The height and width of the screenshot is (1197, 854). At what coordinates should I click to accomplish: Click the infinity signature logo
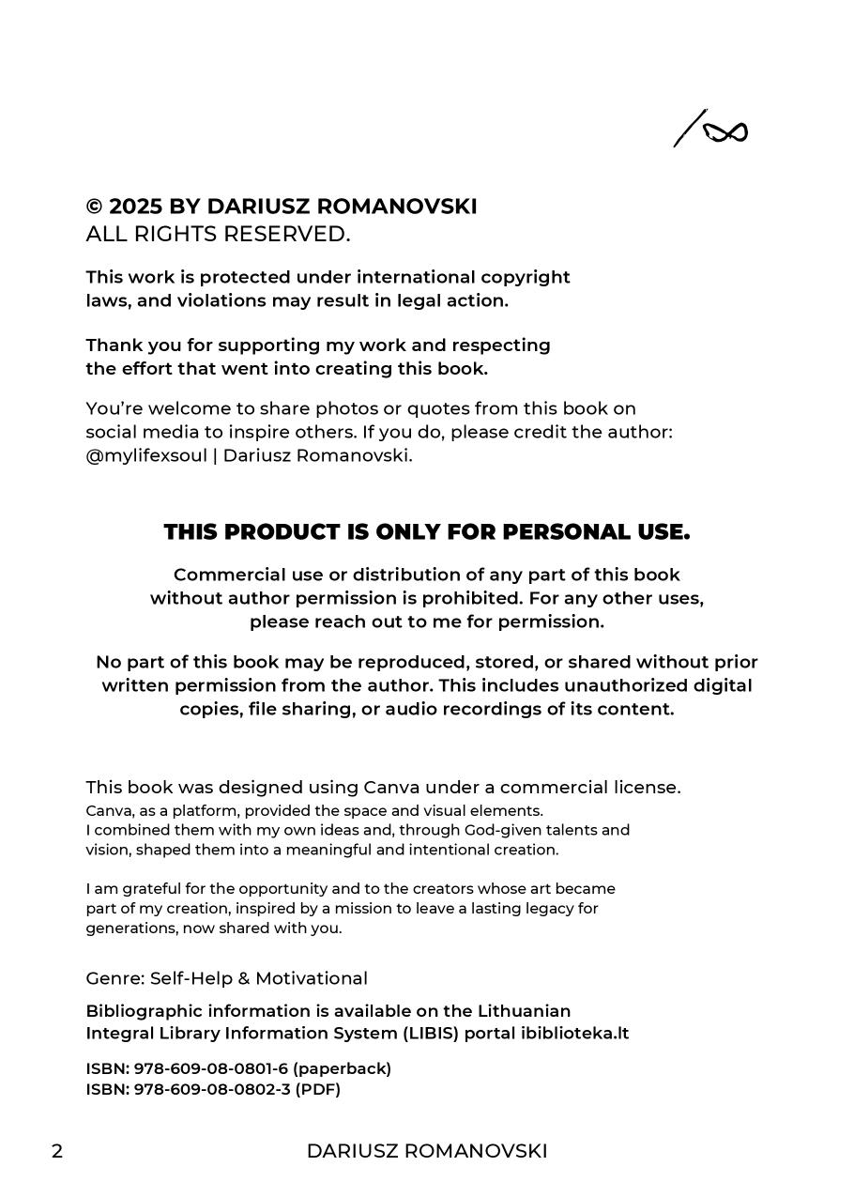711,130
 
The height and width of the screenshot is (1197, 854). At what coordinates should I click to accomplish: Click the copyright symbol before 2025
94,207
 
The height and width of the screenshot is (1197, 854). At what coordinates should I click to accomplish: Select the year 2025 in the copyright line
135,207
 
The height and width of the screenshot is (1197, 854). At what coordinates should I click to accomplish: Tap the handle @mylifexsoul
145,456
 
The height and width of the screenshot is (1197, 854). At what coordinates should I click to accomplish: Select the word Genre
114,978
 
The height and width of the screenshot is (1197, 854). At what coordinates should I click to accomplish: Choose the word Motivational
312,978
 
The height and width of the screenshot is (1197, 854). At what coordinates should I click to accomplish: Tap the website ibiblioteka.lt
574,1034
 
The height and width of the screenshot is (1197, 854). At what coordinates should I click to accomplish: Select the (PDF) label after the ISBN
317,1090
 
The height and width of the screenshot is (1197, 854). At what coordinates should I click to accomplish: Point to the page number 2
57,1152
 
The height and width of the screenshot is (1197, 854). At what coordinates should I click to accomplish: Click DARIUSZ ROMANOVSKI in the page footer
427,1152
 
